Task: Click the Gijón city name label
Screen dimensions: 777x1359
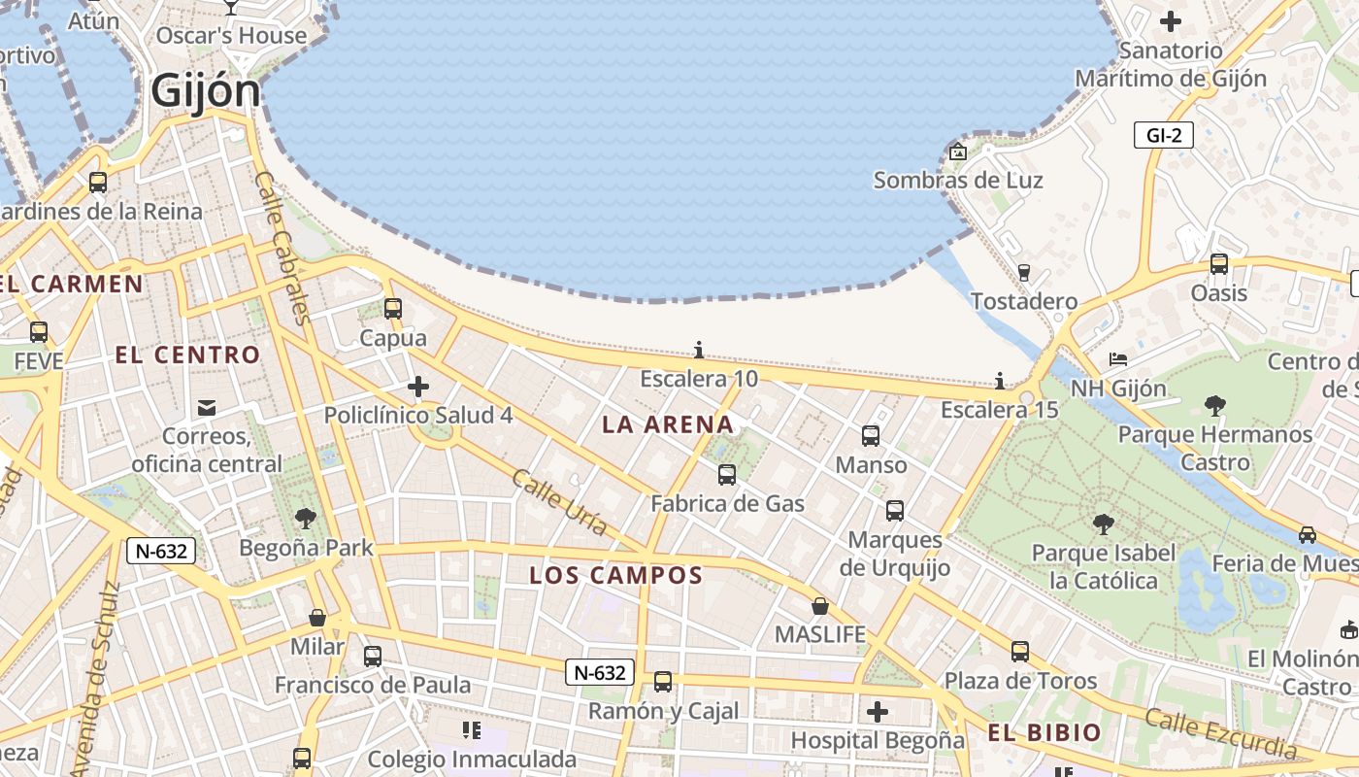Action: tap(206, 92)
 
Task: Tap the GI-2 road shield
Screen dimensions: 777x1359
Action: tap(1163, 135)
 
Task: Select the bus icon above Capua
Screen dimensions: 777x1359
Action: tap(393, 309)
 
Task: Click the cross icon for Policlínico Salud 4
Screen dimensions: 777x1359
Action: tap(418, 387)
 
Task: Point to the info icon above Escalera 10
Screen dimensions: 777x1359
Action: tap(699, 350)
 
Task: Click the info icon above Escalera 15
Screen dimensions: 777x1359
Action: tap(1000, 381)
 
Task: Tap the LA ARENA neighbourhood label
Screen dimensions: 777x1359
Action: tap(668, 424)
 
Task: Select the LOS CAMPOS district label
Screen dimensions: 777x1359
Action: tap(615, 575)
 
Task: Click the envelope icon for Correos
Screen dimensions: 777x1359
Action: tap(207, 407)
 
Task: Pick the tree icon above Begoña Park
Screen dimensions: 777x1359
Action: tap(306, 519)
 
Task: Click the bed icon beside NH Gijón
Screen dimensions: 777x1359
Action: tap(1118, 359)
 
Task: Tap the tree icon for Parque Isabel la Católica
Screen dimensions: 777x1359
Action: tap(1103, 524)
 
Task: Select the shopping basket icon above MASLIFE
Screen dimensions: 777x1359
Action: tap(820, 606)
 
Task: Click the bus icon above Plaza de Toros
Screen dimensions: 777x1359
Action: tap(1020, 652)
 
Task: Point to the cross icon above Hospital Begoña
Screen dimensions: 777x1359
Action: tap(878, 712)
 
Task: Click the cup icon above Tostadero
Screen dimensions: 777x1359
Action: tap(1023, 272)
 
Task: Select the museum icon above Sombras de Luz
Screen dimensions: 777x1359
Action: tap(958, 152)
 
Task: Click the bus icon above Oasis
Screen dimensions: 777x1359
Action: tap(1219, 263)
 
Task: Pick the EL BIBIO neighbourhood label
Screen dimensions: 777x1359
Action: tap(1044, 732)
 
